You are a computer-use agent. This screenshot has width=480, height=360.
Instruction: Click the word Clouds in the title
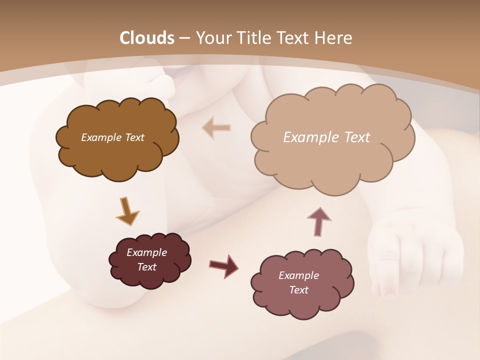pyautogui.click(x=147, y=38)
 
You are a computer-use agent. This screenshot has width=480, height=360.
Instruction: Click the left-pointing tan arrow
pyautogui.click(x=216, y=127)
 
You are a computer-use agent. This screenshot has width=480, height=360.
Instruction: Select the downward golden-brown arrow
pyautogui.click(x=127, y=210)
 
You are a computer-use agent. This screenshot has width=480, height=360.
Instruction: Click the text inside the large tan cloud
pyautogui.click(x=326, y=137)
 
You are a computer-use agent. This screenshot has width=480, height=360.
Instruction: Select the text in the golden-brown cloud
pyautogui.click(x=112, y=137)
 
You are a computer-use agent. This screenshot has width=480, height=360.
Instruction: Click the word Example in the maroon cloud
pyautogui.click(x=146, y=252)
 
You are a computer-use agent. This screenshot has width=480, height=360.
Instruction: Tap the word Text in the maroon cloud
pyautogui.click(x=146, y=267)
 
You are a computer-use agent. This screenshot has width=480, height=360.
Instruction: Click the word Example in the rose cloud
pyautogui.click(x=298, y=275)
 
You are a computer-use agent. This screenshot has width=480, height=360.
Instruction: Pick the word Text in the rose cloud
pyautogui.click(x=298, y=290)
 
